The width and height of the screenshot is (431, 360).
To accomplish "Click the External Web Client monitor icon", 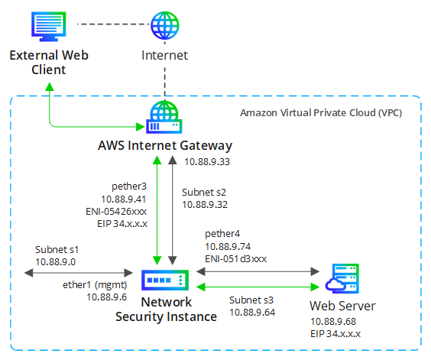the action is coord(49,26).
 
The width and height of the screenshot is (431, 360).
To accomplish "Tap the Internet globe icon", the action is coord(164,25).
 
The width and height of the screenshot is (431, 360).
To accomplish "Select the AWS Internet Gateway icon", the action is coord(164,117).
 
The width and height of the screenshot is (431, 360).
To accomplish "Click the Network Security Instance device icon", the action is coord(165,281).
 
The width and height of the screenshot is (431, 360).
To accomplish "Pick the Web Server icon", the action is coord(342,278).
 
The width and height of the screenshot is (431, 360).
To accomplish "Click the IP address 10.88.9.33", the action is coord(207,162).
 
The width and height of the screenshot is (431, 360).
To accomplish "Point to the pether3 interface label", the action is coord(129,186).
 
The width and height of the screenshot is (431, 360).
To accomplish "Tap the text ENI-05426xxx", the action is coord(116,211).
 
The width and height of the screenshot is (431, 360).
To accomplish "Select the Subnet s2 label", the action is coord(204,193).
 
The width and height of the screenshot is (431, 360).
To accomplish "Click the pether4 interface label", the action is coord(222,234).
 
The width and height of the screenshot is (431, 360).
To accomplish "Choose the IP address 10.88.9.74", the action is coord(228,246).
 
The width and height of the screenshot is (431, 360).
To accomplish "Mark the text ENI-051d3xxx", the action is coord(236,259).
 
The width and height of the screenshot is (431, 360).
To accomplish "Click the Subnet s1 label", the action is coord(57,249).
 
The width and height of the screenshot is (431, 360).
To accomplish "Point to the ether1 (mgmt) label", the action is coord(95,285).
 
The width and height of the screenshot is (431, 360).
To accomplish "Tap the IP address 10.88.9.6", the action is coord(107,297).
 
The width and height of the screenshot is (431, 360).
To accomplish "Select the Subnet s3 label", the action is coord(251,300).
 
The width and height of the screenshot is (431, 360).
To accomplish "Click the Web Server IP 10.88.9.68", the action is coord(333,322).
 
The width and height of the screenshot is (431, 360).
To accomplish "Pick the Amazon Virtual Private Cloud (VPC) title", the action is coord(321,113).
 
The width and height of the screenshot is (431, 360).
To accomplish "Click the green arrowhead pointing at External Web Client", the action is coord(50,86).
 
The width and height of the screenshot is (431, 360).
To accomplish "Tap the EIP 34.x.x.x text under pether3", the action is coord(122,224).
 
